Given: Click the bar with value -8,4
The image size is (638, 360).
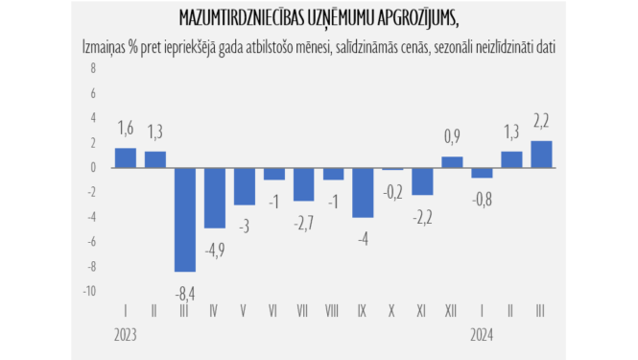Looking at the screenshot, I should (x=184, y=219).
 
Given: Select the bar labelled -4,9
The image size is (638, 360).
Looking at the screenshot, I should (x=214, y=198).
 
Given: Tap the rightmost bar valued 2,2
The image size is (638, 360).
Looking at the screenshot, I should (x=541, y=154).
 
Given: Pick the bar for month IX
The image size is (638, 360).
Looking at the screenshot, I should (x=363, y=192).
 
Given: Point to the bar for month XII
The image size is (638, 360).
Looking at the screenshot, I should (x=452, y=162).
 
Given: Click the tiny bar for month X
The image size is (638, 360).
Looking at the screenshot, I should (x=392, y=169).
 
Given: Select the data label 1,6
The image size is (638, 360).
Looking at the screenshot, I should (x=125, y=129).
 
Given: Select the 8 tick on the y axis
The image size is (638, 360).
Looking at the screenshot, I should (x=93, y=68).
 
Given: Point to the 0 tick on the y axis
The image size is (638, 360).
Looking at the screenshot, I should (x=93, y=168).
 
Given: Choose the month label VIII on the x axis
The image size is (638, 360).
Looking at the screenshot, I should (x=333, y=312).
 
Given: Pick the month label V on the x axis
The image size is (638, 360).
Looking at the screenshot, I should (x=244, y=312).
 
